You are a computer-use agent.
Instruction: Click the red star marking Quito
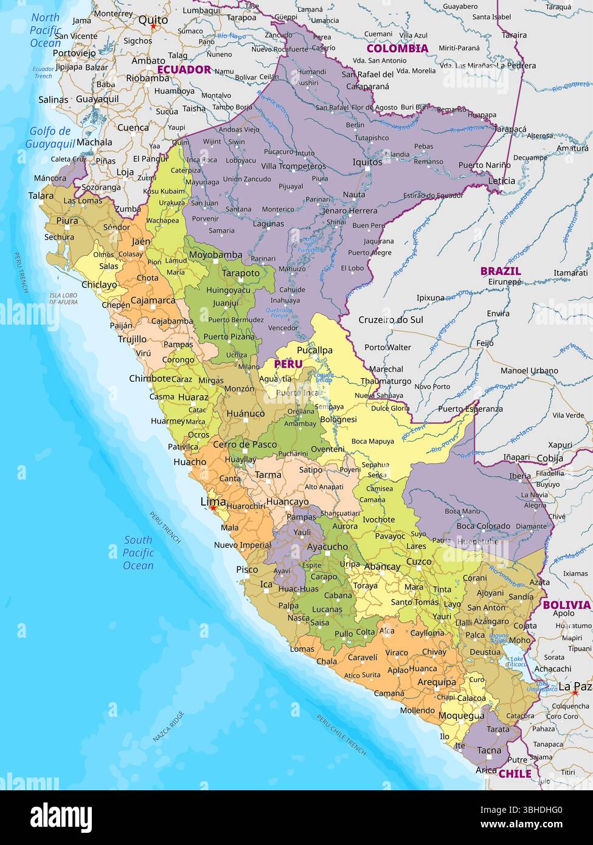pos(154,27)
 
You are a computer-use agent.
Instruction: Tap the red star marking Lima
pos(212,508)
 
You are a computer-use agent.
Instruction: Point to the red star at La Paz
pos(574,692)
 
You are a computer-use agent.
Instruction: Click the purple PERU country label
pos(288,364)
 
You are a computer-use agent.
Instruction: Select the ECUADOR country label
pos(184,69)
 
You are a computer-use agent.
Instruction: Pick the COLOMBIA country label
pos(397,48)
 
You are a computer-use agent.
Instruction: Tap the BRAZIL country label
pos(500,271)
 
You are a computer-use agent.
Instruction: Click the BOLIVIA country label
pos(566,605)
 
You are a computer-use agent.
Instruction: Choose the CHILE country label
pos(515,774)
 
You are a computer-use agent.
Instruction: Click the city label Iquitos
pos(367,162)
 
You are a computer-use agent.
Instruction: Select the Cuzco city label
pos(418,562)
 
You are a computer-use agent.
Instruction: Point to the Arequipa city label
pos(436,682)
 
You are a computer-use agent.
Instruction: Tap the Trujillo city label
pos(132,339)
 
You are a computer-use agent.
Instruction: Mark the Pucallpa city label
pos(314,350)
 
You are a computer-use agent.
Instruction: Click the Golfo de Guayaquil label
pos(50,137)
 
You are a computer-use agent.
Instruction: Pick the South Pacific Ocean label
pos(138,553)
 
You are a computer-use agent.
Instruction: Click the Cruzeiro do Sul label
pos(390,320)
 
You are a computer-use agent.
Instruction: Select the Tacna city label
pos(488,750)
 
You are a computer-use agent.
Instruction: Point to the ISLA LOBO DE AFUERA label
pos(63,298)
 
